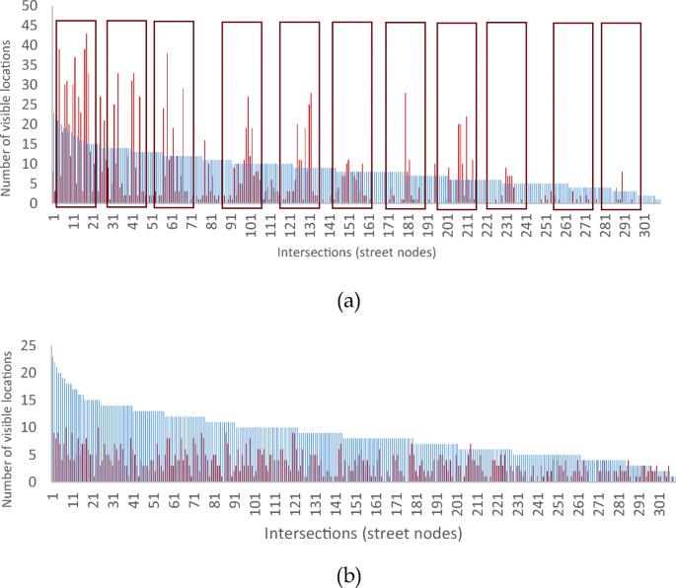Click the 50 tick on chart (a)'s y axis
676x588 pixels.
click(x=31, y=6)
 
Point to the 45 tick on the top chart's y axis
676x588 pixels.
click(x=31, y=26)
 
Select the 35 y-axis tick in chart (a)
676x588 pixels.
click(x=31, y=65)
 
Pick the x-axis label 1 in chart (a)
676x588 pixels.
click(x=54, y=217)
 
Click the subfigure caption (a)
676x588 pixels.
click(x=345, y=303)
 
